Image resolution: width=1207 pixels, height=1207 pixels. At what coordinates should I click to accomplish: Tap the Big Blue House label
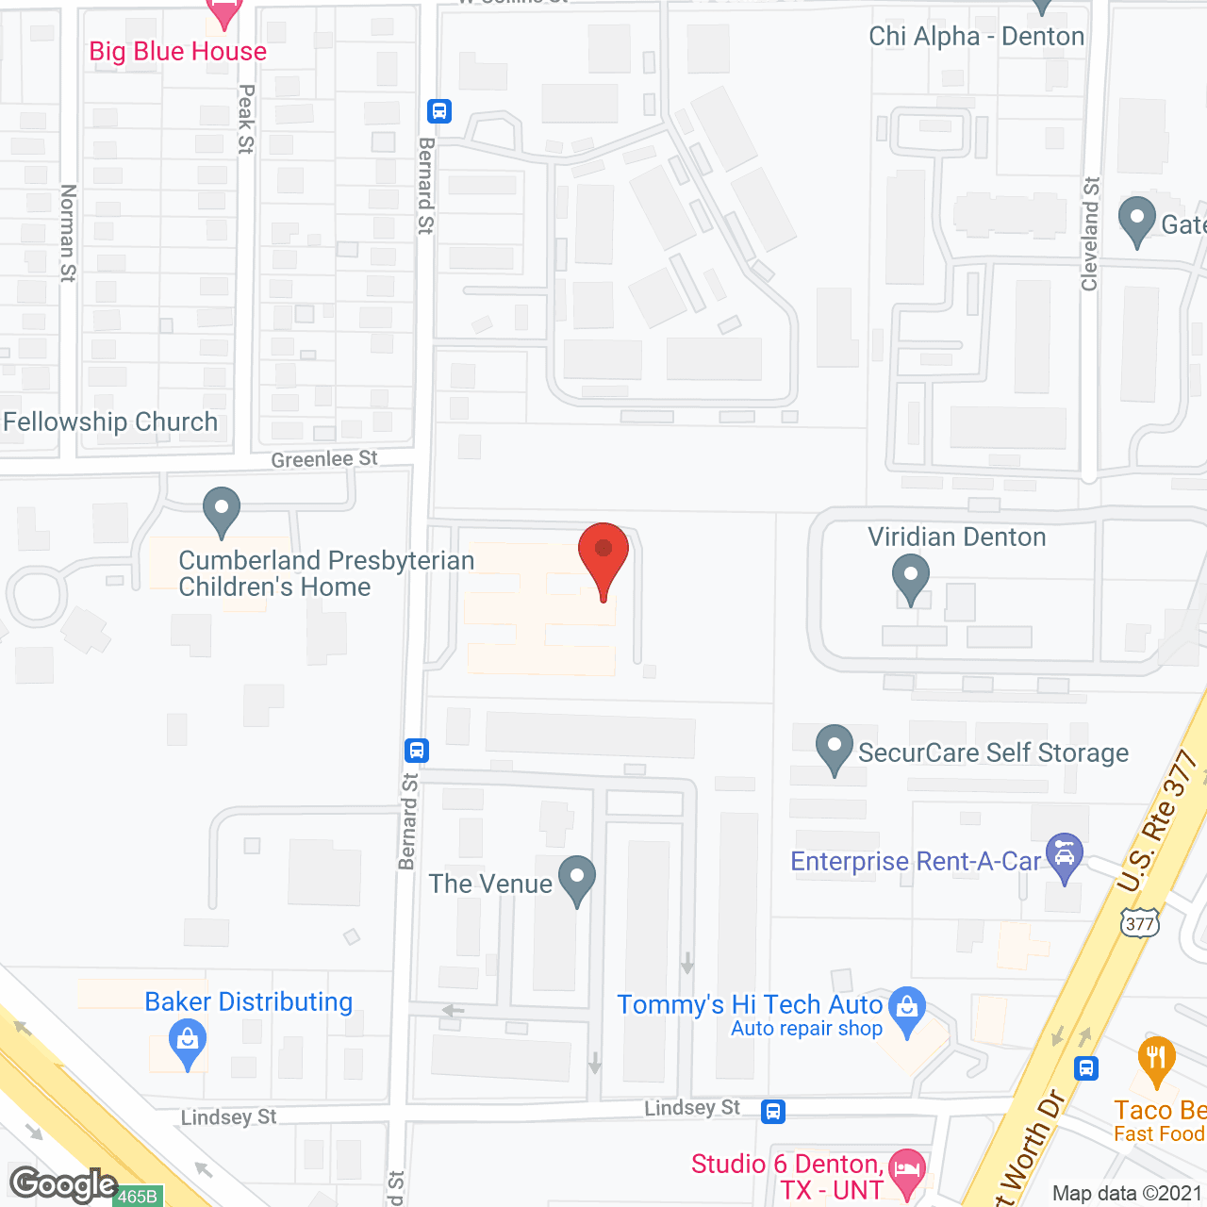click(x=177, y=51)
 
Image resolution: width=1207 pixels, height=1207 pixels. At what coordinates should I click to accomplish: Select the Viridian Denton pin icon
click(x=910, y=577)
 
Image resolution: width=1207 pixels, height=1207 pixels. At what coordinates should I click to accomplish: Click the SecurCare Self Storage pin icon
click(x=834, y=748)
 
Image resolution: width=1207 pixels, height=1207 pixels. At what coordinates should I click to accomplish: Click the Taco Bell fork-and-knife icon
click(x=1156, y=1059)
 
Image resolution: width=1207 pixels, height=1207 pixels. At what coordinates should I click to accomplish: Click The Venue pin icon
click(x=576, y=879)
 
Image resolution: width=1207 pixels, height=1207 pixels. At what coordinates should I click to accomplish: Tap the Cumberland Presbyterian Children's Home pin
click(x=222, y=510)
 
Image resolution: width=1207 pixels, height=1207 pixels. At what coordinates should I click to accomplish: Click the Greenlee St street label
click(x=324, y=459)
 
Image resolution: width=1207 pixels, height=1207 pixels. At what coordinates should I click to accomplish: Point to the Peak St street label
click(x=246, y=119)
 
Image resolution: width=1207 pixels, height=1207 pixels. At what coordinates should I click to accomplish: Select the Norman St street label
click(x=68, y=232)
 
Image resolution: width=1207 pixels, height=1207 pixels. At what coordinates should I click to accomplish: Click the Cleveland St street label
click(x=1090, y=234)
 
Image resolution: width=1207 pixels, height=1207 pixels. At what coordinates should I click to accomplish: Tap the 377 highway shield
click(x=1139, y=922)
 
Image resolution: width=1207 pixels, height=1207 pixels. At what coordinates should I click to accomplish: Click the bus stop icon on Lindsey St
click(x=773, y=1111)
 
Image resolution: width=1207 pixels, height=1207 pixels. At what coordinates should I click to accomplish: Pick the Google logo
click(x=64, y=1184)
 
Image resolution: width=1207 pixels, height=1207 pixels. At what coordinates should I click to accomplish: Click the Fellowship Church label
click(x=110, y=422)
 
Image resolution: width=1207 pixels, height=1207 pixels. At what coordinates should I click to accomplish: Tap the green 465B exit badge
click(x=138, y=1196)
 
